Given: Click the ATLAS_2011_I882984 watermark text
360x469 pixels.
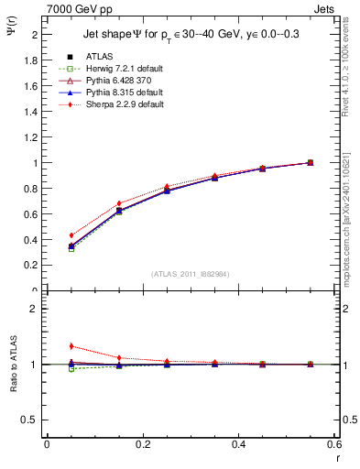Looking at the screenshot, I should point(191,274).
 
